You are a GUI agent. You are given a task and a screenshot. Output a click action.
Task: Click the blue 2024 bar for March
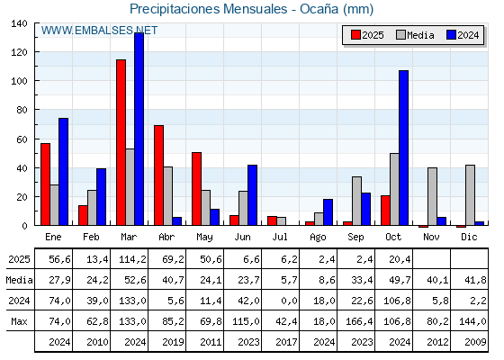139,129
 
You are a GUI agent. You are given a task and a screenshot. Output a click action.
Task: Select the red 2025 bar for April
158,175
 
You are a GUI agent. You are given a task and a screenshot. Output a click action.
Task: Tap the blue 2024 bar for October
403,148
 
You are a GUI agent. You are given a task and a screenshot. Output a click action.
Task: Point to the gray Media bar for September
356,201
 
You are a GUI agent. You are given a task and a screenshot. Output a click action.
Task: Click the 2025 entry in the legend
367,35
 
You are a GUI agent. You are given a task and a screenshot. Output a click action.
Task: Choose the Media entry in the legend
414,35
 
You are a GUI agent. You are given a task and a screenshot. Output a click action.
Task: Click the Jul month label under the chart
280,236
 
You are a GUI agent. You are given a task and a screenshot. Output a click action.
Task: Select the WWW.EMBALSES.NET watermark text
99,30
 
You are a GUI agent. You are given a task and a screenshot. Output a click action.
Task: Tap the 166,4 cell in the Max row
355,321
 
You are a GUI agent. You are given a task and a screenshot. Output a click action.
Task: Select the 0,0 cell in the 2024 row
280,301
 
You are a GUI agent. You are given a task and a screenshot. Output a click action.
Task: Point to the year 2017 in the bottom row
280,342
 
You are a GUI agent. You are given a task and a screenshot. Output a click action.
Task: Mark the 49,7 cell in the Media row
393,280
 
